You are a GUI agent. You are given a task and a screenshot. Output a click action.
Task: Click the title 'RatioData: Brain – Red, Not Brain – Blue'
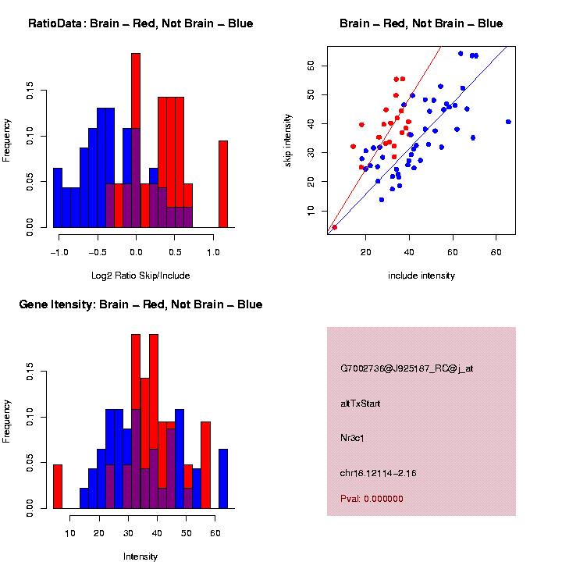140,23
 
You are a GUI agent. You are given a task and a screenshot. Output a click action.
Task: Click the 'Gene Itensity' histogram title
140,304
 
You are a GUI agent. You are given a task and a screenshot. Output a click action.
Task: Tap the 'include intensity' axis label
421,276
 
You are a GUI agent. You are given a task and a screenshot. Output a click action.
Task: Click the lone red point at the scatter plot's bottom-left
334,227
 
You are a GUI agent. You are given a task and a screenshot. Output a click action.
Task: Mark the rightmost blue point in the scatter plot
508,122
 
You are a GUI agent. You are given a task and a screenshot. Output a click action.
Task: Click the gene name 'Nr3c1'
353,438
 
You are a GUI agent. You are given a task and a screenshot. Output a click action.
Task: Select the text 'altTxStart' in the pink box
360,404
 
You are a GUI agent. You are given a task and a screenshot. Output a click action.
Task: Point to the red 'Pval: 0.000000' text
372,499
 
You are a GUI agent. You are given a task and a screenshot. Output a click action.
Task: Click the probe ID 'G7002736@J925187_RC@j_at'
406,368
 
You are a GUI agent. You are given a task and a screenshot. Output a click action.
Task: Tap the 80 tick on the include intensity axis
496,253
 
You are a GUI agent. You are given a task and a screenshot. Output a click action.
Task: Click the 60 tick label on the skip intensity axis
311,66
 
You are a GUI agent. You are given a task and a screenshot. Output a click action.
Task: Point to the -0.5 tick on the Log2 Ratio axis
97,253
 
